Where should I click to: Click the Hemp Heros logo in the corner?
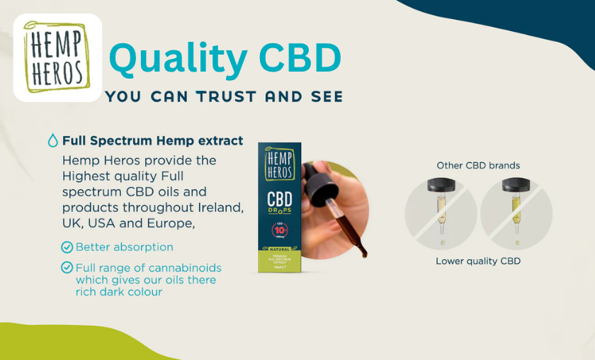57,57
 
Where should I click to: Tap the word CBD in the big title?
300,59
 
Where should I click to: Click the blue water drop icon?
52,140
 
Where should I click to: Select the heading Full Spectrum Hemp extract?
152,140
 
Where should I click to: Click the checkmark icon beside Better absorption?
67,247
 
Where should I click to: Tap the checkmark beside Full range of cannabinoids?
67,268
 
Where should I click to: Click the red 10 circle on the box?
280,228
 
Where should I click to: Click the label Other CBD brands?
478,165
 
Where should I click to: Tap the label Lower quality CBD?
478,261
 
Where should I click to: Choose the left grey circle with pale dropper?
440,213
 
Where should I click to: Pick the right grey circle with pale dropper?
516,213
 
